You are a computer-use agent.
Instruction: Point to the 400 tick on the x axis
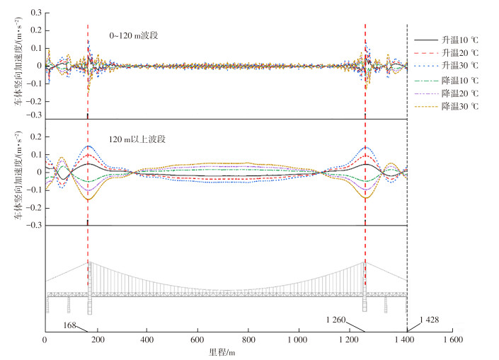coord(147,340)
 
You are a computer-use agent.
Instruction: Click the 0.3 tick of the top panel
coord(33,13)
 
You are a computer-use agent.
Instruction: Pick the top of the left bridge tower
coord(88,262)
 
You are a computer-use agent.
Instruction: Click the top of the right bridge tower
coord(365,262)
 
